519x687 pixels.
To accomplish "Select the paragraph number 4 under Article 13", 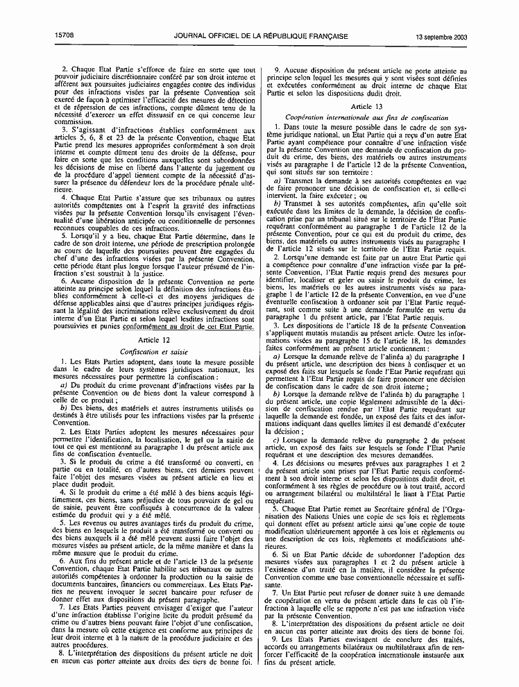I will point(275,463).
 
